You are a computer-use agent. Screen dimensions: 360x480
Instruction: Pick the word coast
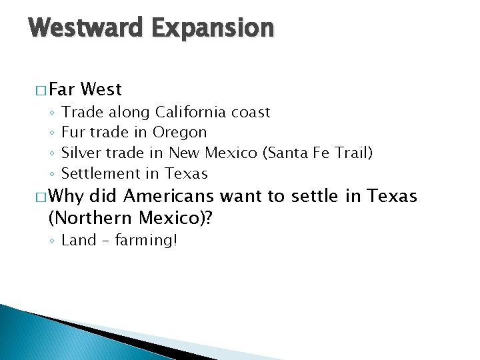point(251,112)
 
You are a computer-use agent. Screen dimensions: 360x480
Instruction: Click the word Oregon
point(179,133)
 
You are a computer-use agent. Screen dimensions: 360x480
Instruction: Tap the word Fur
point(72,133)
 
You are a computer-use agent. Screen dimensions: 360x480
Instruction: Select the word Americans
point(169,197)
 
